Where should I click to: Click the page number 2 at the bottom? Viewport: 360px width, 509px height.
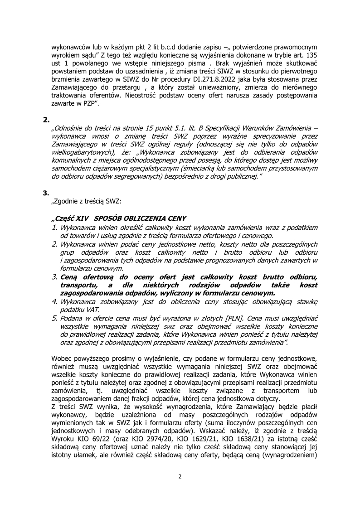click(180, 476)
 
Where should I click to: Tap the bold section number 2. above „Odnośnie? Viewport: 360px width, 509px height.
click(46, 120)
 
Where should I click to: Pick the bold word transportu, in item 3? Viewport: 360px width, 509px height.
click(79, 284)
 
